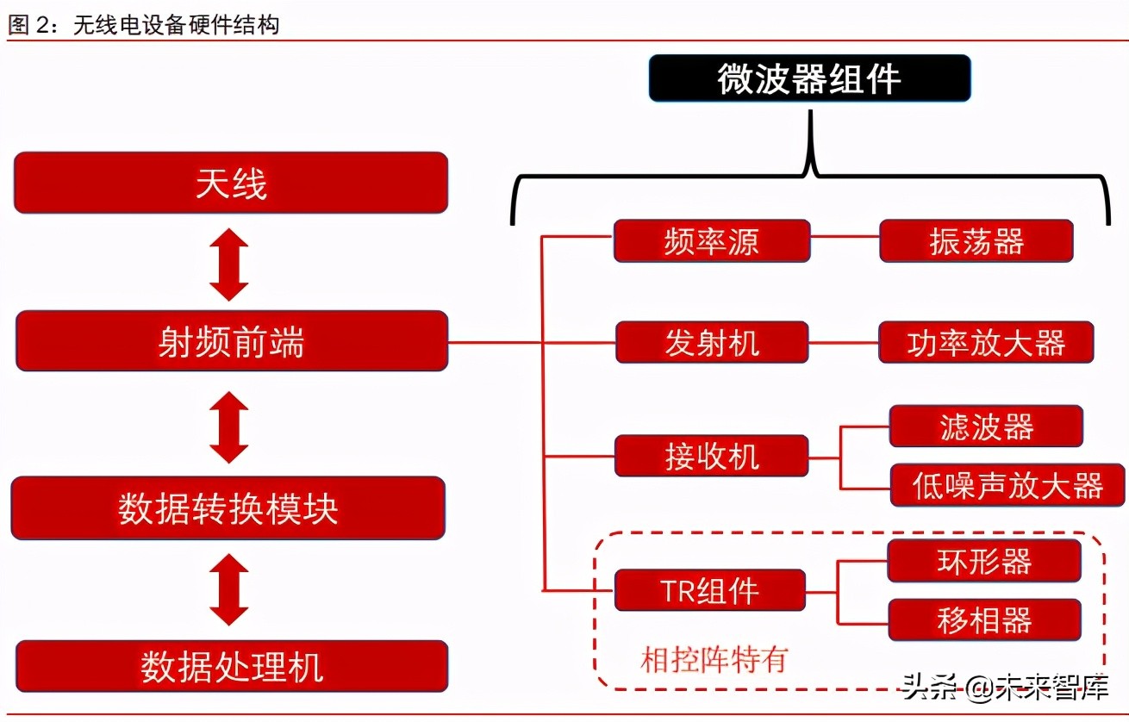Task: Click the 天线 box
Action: click(231, 183)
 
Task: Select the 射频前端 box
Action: click(232, 341)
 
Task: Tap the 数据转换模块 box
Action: click(228, 508)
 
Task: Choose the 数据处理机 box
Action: click(232, 666)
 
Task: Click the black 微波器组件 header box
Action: click(809, 78)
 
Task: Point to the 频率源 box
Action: click(711, 241)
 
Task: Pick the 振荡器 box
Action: click(976, 241)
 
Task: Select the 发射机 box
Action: click(712, 343)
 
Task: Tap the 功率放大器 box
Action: click(986, 343)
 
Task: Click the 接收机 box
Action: click(711, 456)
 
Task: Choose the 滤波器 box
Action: click(986, 426)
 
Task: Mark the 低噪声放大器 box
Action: click(1007, 485)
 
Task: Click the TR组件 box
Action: click(709, 591)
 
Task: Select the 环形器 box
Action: click(983, 561)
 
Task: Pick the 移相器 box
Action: click(983, 620)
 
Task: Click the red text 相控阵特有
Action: click(714, 660)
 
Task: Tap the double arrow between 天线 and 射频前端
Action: click(229, 263)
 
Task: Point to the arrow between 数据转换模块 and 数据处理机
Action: click(229, 590)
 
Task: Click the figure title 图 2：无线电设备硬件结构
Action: click(144, 24)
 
